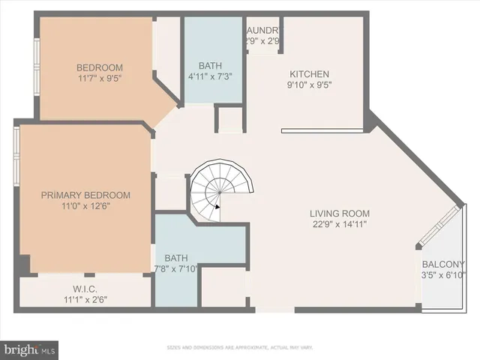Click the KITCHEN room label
pos(310,73)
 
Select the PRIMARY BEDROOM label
pos(85,195)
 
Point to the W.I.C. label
pos(85,289)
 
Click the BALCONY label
pos(443,264)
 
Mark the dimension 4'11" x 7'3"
pos(214,77)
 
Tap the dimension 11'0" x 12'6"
pos(85,206)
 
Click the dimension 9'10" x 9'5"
pos(310,85)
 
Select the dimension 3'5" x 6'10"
pos(443,274)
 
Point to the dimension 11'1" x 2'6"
pos(85,300)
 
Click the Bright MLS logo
pos(30,349)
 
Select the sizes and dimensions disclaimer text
pos(240,347)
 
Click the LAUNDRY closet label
pos(263,30)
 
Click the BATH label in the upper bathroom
pos(214,66)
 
